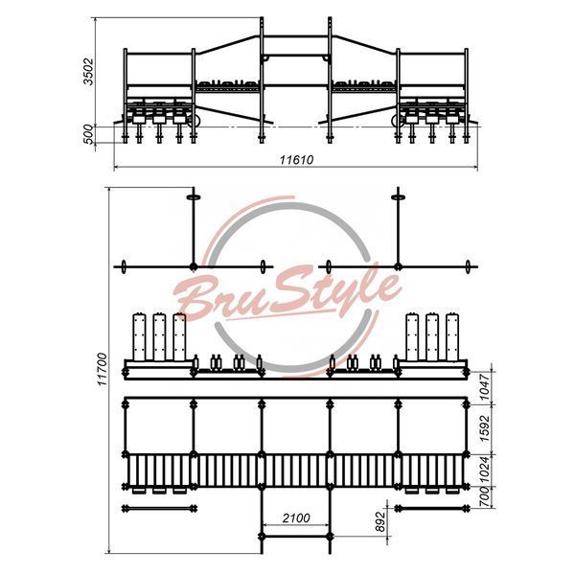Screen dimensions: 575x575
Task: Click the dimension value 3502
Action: point(88,71)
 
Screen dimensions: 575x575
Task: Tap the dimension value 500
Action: point(88,134)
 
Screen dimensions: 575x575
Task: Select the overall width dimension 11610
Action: point(296,160)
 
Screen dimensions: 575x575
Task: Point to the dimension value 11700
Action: point(102,369)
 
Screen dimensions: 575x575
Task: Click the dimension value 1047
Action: point(484,387)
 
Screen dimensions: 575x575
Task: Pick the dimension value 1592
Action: point(484,428)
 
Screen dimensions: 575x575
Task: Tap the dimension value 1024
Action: point(484,470)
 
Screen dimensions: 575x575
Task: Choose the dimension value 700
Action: point(484,497)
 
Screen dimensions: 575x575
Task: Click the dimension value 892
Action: point(381,521)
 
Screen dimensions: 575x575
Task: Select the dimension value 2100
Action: point(296,517)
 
